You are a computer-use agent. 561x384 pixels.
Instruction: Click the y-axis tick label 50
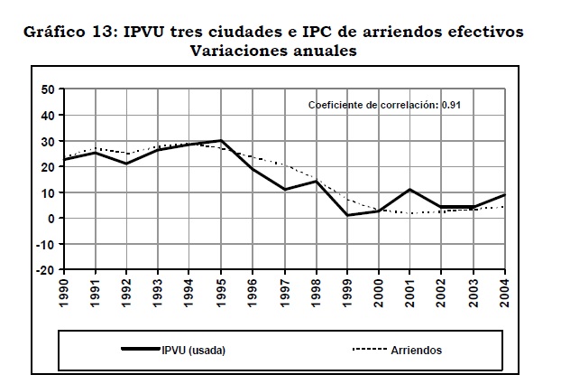pyautogui.click(x=49, y=89)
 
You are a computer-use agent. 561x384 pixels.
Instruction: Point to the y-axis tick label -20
pyautogui.click(x=46, y=270)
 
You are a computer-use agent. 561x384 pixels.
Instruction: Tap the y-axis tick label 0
pyautogui.click(x=52, y=218)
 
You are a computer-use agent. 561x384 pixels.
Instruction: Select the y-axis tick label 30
pyautogui.click(x=49, y=141)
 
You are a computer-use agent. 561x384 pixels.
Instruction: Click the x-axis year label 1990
pyautogui.click(x=65, y=294)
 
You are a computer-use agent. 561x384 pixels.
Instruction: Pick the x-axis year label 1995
pyautogui.click(x=222, y=294)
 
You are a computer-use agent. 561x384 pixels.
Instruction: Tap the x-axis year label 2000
pyautogui.click(x=379, y=294)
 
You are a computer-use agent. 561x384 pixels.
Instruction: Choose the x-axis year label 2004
pyautogui.click(x=504, y=294)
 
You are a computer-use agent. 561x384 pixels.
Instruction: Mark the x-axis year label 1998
pyautogui.click(x=316, y=294)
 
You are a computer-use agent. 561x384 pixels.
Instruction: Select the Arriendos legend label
pyautogui.click(x=417, y=351)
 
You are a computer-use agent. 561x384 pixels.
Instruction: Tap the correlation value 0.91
pyautogui.click(x=452, y=105)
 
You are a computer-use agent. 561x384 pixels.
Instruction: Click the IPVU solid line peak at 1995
pyautogui.click(x=222, y=141)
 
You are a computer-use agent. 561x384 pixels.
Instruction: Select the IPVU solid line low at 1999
pyautogui.click(x=347, y=215)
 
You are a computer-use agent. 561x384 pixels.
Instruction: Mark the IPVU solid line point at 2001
pyautogui.click(x=409, y=190)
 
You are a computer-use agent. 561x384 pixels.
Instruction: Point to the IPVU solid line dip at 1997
pyautogui.click(x=284, y=190)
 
